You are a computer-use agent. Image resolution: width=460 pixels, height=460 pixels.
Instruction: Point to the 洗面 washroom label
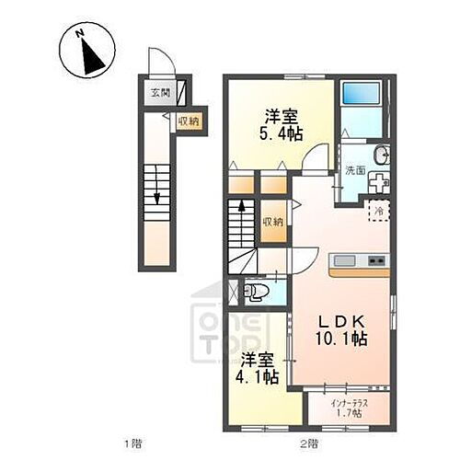tap(355, 170)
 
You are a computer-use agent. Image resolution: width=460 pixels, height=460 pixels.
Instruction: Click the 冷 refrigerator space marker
tap(378, 211)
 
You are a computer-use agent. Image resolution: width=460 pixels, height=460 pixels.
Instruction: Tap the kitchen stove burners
tap(376, 259)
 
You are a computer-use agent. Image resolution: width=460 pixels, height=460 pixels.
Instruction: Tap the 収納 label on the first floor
tap(189, 121)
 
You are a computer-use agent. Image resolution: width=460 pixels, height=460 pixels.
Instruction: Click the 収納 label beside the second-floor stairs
tap(272, 221)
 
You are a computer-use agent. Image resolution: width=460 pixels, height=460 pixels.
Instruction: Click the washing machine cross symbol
tap(377, 181)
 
